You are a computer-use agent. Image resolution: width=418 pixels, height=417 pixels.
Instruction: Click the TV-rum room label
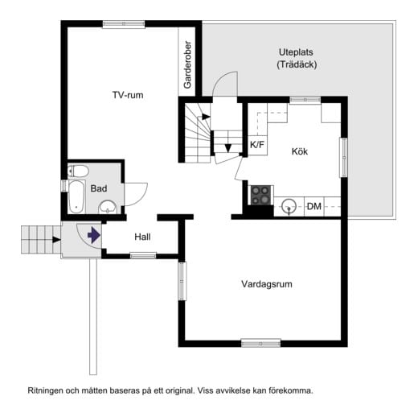127,95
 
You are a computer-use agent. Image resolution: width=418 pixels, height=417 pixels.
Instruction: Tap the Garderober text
187,64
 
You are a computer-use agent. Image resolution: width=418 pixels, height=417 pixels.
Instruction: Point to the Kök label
300,151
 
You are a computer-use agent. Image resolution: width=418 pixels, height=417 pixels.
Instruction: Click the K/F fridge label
257,145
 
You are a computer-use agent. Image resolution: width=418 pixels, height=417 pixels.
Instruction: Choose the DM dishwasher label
314,208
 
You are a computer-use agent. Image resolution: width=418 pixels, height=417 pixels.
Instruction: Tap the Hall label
142,237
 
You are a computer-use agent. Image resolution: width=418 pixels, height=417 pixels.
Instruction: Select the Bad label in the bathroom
99,188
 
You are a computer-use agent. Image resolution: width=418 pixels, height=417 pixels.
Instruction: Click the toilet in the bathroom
77,170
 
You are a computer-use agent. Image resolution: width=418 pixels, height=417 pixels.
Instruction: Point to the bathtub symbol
76,196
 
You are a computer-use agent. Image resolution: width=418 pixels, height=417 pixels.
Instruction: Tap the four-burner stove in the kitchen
260,195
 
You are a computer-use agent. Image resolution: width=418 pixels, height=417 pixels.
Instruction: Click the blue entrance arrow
94,236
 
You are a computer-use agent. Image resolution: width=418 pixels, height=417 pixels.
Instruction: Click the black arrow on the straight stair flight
228,148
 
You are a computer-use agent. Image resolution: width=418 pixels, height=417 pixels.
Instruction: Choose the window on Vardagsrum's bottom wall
261,343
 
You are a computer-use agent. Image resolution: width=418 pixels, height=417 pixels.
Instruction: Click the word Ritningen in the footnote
47,390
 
